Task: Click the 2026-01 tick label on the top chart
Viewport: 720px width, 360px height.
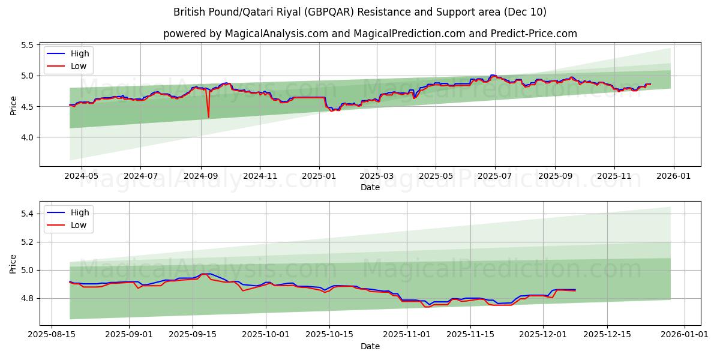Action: (x=673, y=176)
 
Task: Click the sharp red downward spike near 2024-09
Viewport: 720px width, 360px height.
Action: (x=208, y=116)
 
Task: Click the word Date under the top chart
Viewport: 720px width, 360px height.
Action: (x=370, y=187)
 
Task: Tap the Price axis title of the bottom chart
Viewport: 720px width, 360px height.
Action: (x=14, y=263)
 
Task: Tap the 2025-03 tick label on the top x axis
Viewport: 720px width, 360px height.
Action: (x=377, y=176)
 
